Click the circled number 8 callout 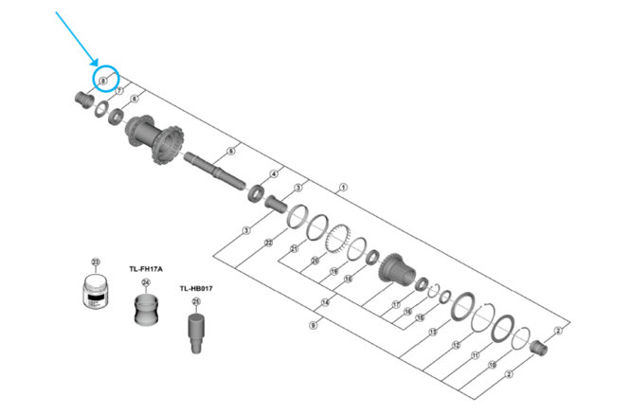click(x=101, y=81)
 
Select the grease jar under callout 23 click(x=95, y=292)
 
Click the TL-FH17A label click(x=146, y=268)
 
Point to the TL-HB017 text click(x=196, y=288)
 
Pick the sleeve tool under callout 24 click(x=146, y=309)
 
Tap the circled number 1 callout click(x=343, y=188)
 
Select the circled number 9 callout click(x=313, y=325)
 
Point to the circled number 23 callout click(x=95, y=262)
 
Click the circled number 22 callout click(x=269, y=244)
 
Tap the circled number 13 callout click(x=432, y=333)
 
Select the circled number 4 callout click(x=274, y=173)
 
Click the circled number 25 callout click(x=196, y=303)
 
